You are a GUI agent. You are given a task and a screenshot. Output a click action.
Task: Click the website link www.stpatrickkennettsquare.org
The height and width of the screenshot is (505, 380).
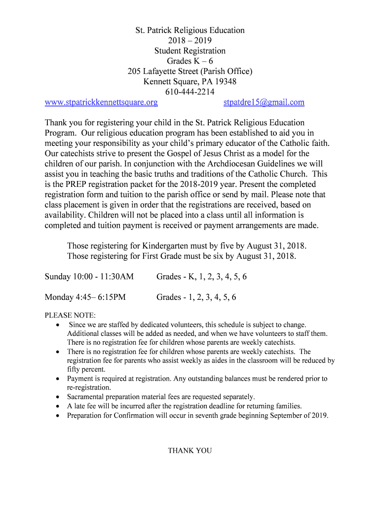101,103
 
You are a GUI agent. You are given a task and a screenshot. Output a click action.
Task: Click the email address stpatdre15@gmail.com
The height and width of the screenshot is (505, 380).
264,103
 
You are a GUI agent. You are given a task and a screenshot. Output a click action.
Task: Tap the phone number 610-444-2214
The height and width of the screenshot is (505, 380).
190,92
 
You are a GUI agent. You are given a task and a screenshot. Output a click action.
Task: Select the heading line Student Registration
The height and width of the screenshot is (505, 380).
190,51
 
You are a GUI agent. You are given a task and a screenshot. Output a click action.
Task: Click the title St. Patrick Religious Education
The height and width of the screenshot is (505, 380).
190,30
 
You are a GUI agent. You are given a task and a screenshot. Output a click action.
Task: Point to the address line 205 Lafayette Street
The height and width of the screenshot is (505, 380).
190,72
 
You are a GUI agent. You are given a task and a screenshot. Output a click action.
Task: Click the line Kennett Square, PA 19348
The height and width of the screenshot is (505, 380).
190,82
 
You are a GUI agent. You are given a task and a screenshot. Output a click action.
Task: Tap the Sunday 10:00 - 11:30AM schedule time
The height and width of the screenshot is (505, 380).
89,277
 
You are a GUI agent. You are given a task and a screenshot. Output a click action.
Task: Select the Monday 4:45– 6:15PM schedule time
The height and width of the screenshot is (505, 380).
85,297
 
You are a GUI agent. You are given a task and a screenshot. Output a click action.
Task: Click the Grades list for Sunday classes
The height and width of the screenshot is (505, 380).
201,277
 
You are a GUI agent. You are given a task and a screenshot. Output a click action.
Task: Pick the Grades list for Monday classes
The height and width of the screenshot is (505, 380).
196,297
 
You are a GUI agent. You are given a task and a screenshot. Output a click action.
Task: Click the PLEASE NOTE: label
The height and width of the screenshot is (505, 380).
71,316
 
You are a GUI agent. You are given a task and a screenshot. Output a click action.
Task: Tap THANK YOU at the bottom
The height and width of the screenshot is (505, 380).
190,451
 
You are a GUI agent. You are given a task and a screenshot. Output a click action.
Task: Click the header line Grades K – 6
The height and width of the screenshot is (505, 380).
190,61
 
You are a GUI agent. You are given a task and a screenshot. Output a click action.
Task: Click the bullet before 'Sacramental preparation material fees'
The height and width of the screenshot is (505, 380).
58,397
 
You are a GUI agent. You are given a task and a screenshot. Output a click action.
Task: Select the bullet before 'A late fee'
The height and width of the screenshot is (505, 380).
58,406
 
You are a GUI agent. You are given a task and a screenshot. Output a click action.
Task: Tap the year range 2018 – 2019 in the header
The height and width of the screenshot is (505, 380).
190,40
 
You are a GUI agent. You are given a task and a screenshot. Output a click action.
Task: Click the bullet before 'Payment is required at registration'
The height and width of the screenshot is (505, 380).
58,379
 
